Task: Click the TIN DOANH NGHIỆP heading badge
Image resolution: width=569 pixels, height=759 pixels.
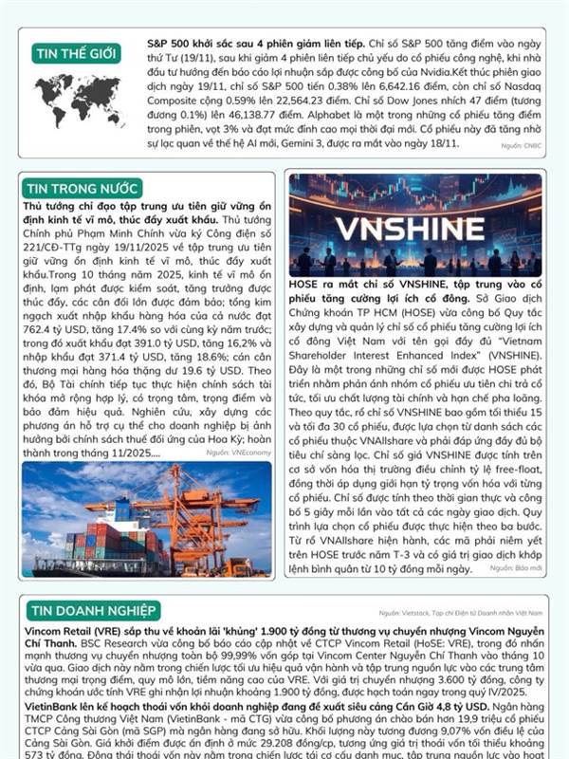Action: pyautogui.click(x=94, y=610)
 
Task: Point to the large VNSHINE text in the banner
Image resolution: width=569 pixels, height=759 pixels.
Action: pyautogui.click(x=414, y=230)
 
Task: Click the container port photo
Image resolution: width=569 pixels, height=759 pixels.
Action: pyautogui.click(x=146, y=518)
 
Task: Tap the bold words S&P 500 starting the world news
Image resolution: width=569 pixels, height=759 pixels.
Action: pyautogui.click(x=168, y=44)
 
